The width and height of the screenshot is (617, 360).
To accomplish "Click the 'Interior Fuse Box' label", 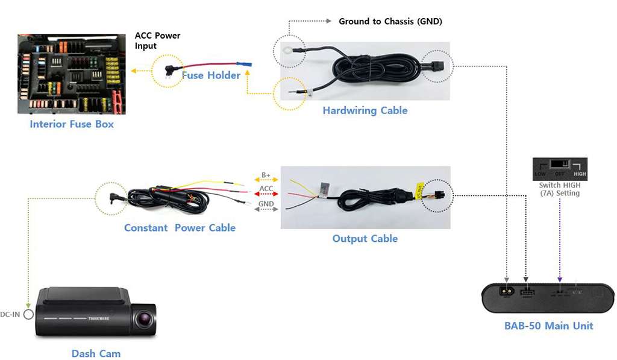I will pyautogui.click(x=72, y=124).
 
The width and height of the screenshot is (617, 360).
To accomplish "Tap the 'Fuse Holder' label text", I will pyautogui.click(x=211, y=75).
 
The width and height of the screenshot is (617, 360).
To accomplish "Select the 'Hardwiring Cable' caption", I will pyautogui.click(x=365, y=110).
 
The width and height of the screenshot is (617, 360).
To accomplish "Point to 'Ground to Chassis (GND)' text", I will pyautogui.click(x=390, y=22).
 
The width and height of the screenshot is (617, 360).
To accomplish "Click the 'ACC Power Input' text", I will pyautogui.click(x=157, y=40).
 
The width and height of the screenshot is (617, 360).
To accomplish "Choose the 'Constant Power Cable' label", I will pyautogui.click(x=180, y=228).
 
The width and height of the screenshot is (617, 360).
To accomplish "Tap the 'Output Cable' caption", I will pyautogui.click(x=365, y=239).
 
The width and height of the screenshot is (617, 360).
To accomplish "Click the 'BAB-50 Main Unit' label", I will pyautogui.click(x=548, y=326).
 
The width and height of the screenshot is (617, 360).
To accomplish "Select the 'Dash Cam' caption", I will pyautogui.click(x=96, y=354).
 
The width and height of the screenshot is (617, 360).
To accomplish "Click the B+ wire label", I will pyautogui.click(x=266, y=176).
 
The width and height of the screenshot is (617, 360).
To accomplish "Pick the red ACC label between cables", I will pyautogui.click(x=266, y=189).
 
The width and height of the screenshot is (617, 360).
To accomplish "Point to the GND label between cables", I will pyautogui.click(x=266, y=204).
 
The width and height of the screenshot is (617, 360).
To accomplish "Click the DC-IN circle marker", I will pyautogui.click(x=28, y=314).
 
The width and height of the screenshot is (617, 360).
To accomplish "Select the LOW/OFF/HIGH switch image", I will pyautogui.click(x=560, y=169).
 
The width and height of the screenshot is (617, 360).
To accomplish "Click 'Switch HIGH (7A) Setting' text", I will pyautogui.click(x=560, y=189).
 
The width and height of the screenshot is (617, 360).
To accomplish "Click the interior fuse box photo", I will pyautogui.click(x=72, y=74).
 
